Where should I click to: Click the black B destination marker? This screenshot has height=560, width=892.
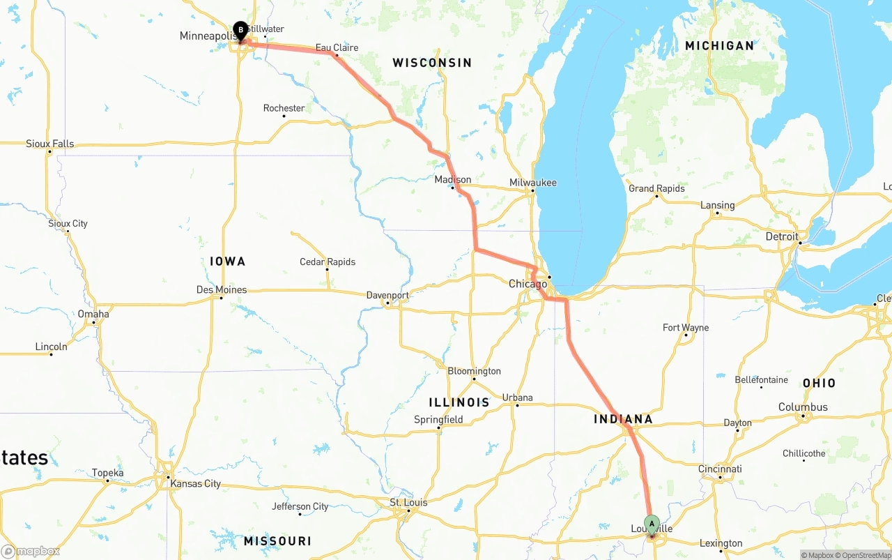tap(240, 30)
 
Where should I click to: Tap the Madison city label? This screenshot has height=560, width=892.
tap(452, 180)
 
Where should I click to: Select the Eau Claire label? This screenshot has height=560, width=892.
tap(337, 48)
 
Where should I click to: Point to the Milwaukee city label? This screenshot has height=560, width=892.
tap(532, 183)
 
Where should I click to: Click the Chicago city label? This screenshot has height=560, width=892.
tap(528, 284)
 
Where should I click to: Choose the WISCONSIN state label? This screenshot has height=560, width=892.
tap(432, 63)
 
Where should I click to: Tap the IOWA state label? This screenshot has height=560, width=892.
tap(228, 262)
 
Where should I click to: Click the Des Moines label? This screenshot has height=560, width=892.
tap(222, 290)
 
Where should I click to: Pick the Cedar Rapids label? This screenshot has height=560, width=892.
tap(328, 262)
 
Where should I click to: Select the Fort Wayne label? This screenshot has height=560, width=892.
tap(686, 328)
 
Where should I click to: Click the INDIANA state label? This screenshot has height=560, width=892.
tap(623, 419)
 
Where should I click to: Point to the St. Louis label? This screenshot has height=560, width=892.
tap(408, 503)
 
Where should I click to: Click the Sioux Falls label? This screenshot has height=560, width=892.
tap(49, 144)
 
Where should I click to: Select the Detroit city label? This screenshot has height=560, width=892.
tap(782, 237)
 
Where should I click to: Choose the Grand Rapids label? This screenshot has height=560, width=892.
tap(656, 189)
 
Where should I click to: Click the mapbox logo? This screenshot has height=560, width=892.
tap(31, 551)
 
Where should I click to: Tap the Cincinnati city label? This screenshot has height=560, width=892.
tap(720, 469)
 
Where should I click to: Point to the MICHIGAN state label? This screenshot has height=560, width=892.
tap(719, 46)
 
